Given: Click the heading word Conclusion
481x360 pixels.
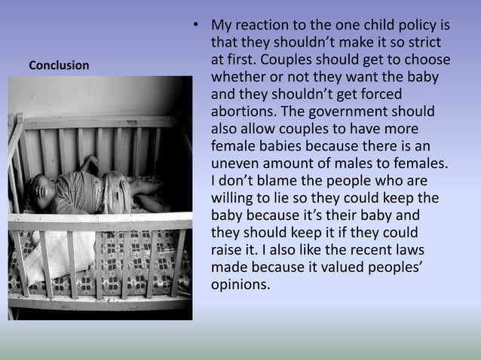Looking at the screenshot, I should click(58, 66).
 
